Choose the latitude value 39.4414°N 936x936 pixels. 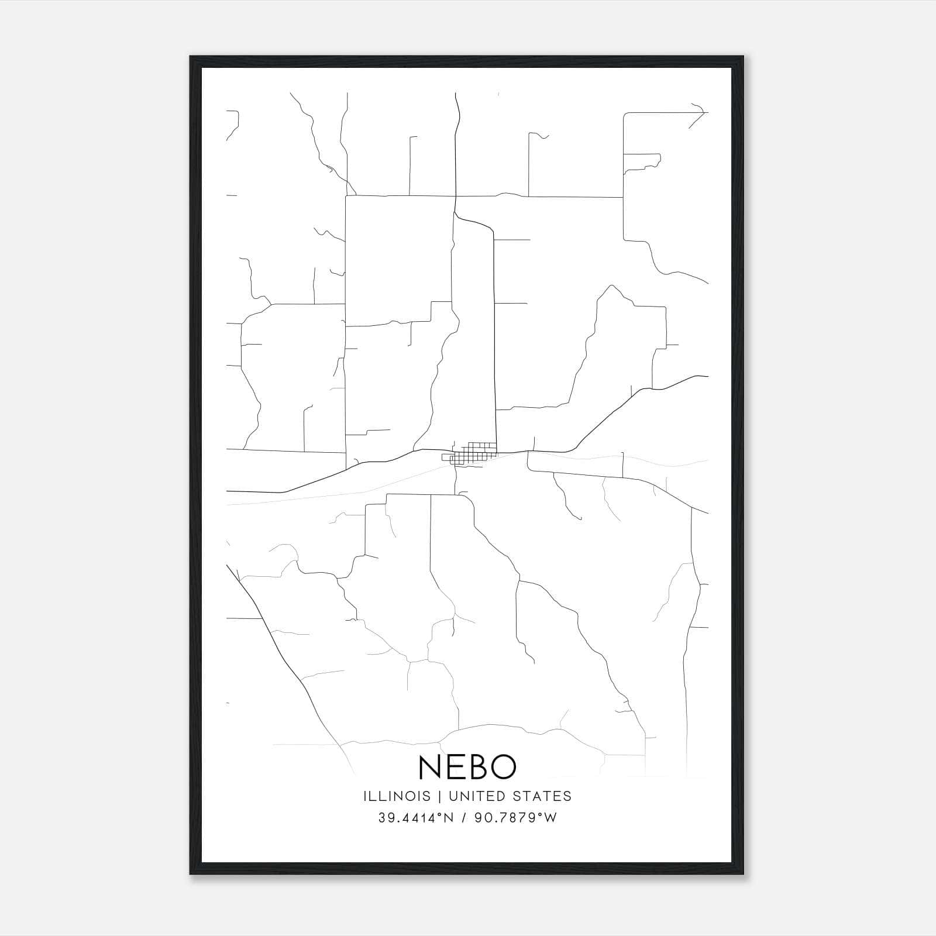pos(415,818)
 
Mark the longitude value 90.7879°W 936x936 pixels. pos(515,818)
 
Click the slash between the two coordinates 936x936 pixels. pos(464,818)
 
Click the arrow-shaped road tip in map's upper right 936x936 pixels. pos(699,112)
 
